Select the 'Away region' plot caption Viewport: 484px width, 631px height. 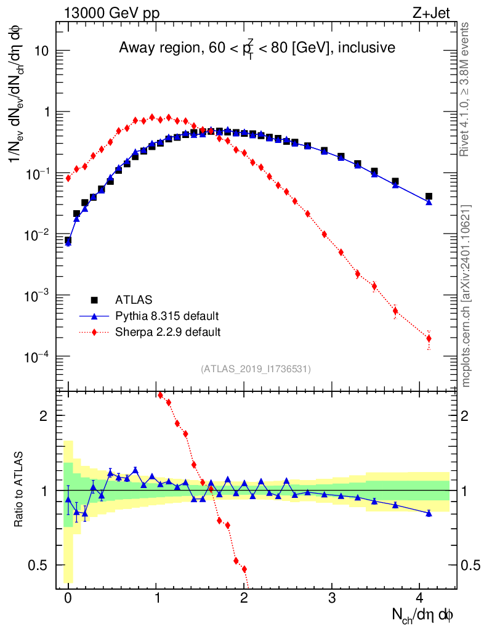(256, 47)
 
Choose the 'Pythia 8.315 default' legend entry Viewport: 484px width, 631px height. (167, 316)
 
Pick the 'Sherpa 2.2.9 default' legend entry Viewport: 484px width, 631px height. (168, 332)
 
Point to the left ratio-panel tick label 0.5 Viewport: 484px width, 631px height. (39, 565)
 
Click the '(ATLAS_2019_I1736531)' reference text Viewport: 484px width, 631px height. (256, 369)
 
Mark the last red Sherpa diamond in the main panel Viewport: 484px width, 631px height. (429, 338)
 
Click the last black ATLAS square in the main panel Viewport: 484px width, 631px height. (429, 197)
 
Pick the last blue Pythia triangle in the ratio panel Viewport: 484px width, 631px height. (429, 513)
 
